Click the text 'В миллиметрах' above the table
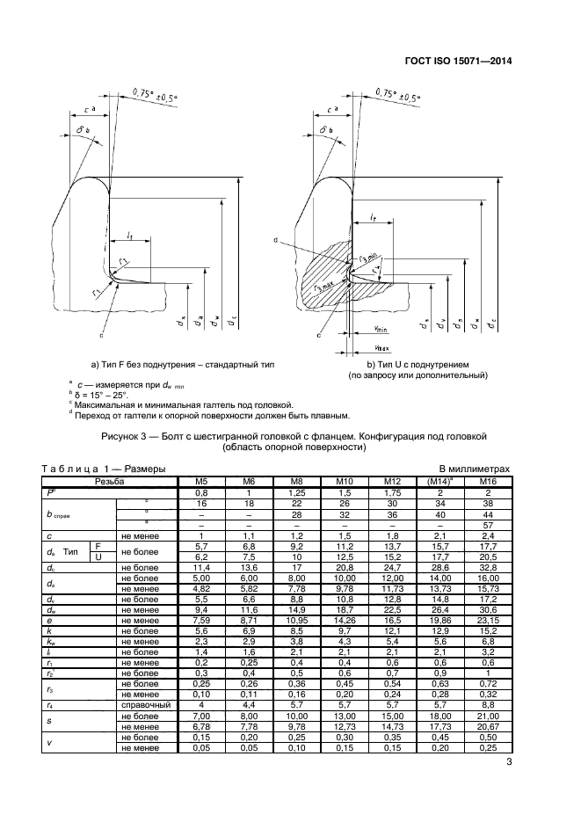(x=474, y=470)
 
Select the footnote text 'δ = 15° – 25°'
(x=104, y=395)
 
